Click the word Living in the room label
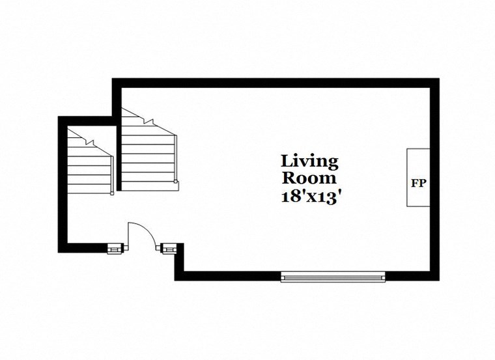[x=309, y=161]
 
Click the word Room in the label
[x=309, y=178]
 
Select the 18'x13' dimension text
[x=309, y=197]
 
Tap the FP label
[x=418, y=183]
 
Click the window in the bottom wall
[x=333, y=277]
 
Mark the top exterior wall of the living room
[x=274, y=83]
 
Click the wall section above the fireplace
[x=434, y=117]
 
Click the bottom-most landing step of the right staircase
[x=149, y=186]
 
